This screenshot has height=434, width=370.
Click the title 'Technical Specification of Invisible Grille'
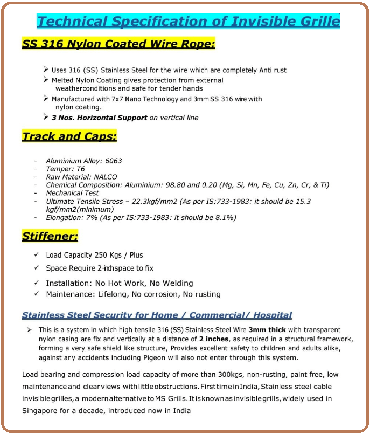point(188,22)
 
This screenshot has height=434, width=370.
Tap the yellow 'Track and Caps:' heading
point(69,136)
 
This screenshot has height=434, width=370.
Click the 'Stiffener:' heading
point(50,236)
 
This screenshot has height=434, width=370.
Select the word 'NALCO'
point(105,177)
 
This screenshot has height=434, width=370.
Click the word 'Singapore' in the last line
point(40,410)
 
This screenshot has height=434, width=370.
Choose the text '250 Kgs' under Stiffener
point(106,255)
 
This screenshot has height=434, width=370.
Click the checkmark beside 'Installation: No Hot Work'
point(36,283)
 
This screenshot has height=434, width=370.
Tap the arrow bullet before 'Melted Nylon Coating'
point(46,79)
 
